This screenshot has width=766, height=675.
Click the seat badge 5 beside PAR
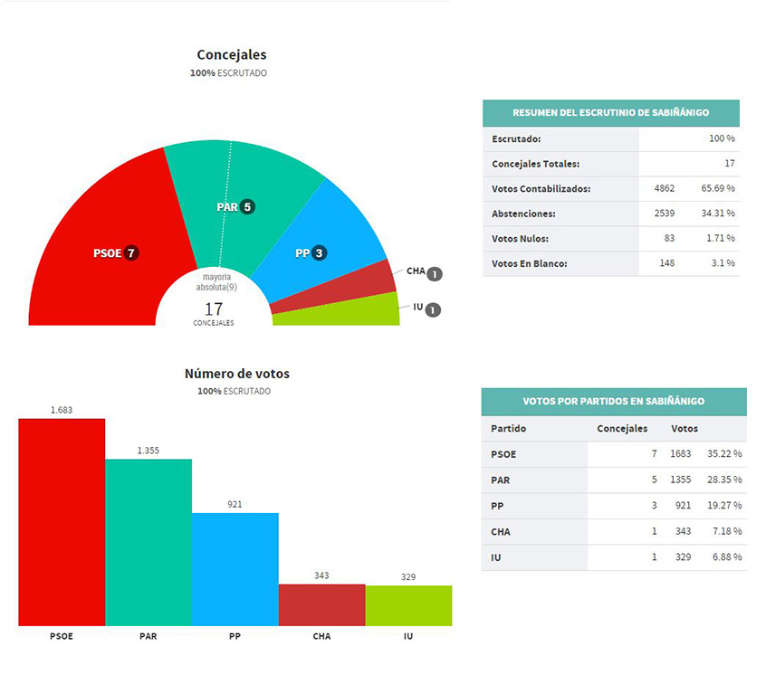pos(247,206)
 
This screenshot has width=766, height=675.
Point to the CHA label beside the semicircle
pos(416,271)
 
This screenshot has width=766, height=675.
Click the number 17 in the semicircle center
pos(214,308)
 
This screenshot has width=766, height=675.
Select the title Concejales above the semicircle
pos(232,55)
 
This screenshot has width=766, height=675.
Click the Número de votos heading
pos(236,373)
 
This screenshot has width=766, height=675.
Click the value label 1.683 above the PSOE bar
pos(62,409)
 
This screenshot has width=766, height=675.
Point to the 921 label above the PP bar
pos(235,504)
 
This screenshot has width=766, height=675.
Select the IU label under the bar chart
pos(408,636)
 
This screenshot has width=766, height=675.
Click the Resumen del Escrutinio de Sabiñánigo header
pos(610,113)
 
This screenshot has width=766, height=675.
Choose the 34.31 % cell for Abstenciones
pos(716,214)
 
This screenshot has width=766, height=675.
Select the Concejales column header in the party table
pos(622,428)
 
